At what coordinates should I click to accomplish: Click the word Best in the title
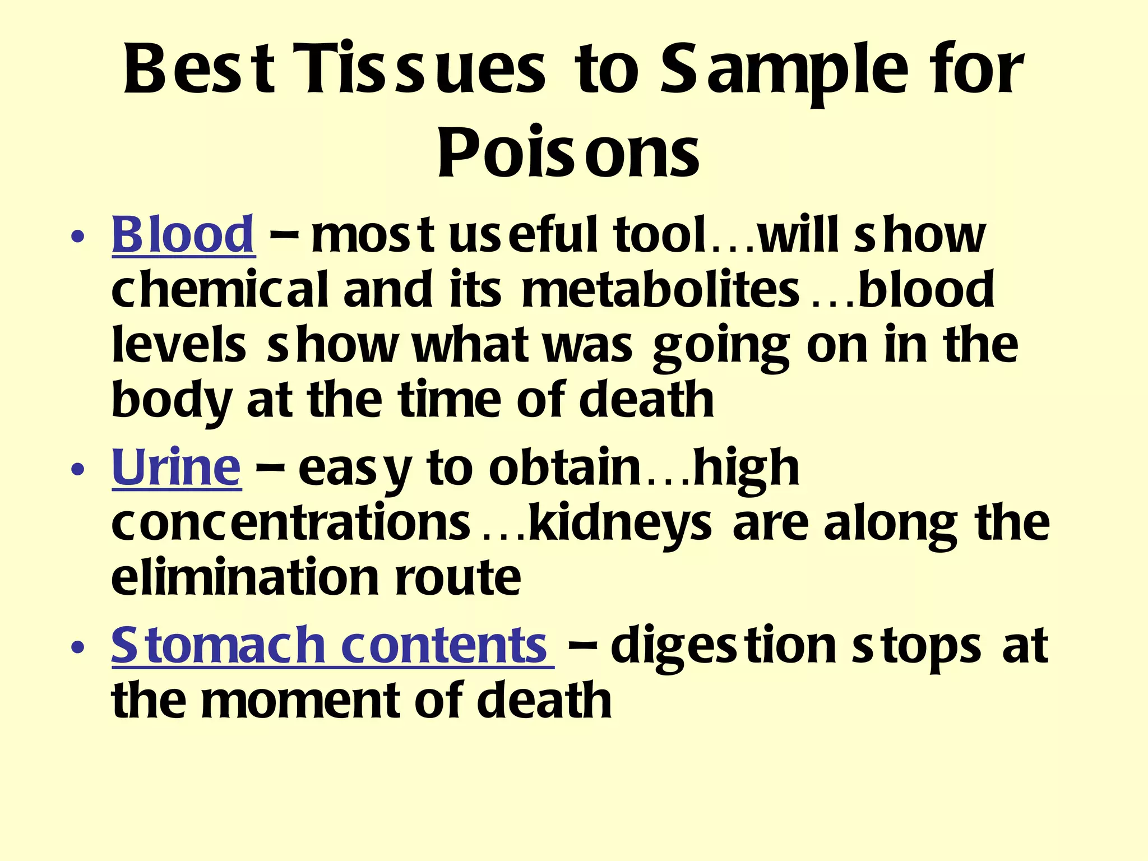click(x=200, y=70)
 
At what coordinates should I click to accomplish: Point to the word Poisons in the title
click(x=568, y=152)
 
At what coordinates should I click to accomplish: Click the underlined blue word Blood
click(x=183, y=235)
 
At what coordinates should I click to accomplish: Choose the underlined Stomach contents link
click(x=329, y=645)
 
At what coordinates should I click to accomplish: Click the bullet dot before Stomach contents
click(x=78, y=647)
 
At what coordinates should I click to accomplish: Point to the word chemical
click(x=219, y=290)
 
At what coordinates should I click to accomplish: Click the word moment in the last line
click(x=302, y=701)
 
